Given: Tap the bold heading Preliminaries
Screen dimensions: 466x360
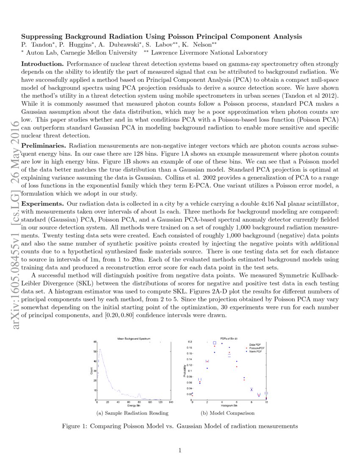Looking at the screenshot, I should coord(44,145).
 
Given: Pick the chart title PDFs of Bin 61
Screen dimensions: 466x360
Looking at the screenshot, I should coord(229,339).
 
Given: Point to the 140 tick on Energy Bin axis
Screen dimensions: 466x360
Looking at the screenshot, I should coord(171,402).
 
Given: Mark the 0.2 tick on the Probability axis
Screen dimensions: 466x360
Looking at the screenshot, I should coord(190,341).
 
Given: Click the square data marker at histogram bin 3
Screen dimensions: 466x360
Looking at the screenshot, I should coord(214,343).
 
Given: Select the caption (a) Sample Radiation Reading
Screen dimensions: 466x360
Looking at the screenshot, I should coord(133,413).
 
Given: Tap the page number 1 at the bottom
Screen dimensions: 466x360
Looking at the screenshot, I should coord(180,450).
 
